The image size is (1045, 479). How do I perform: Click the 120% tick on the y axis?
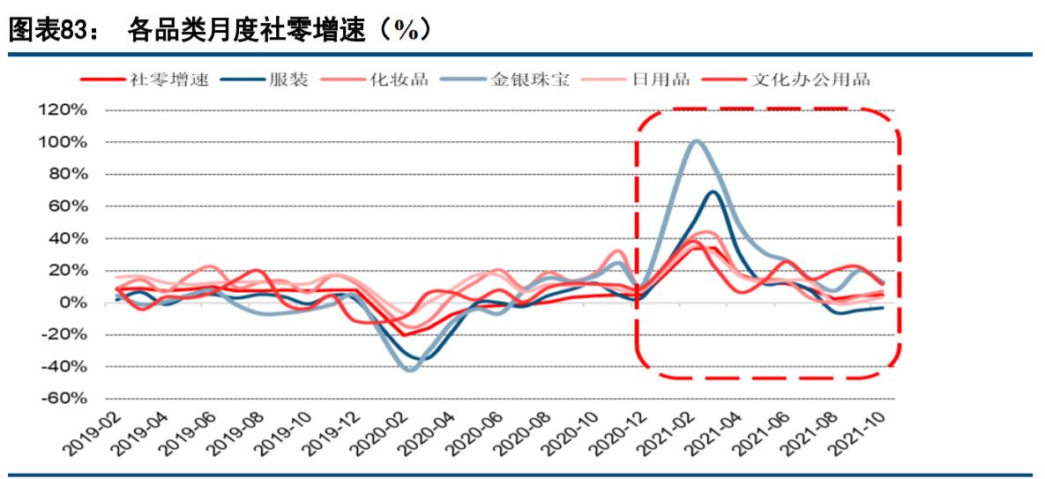(62, 110)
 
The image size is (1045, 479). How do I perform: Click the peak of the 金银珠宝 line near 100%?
(697, 141)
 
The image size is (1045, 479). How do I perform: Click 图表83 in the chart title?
(48, 31)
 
